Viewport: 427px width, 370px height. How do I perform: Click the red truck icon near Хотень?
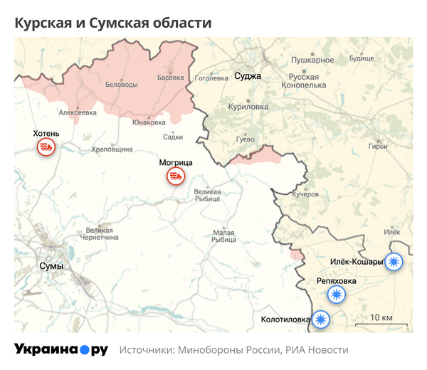(46, 147)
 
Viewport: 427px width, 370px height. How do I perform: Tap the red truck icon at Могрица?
(175, 176)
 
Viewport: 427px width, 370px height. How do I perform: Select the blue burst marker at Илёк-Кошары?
(394, 262)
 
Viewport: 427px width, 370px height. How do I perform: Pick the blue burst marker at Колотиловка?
(322, 319)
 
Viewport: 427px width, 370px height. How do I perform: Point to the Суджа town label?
(248, 75)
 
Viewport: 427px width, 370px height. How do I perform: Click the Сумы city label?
(51, 266)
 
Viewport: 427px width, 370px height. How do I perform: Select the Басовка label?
(170, 77)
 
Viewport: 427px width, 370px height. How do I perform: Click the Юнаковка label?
(149, 122)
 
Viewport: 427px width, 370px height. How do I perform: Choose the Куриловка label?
(248, 106)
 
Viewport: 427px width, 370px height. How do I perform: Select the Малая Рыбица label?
(223, 236)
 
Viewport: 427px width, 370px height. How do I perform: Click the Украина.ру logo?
(61, 349)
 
